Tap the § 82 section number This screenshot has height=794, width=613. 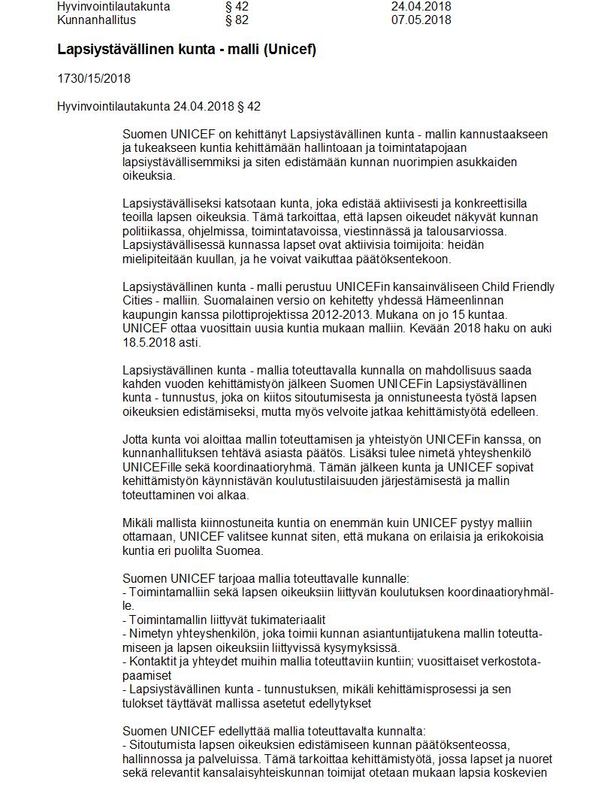[x=231, y=20]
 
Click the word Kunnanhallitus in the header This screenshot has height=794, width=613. [x=96, y=20]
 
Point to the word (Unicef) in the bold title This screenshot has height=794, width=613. [x=290, y=50]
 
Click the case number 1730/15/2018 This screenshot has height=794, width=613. [x=94, y=79]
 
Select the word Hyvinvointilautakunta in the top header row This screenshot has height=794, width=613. [x=113, y=7]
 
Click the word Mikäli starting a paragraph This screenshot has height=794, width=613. [x=139, y=523]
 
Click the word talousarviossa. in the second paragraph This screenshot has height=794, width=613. [x=466, y=231]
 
